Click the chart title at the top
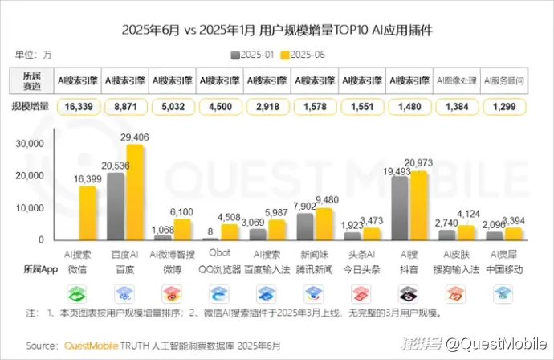click(x=277, y=31)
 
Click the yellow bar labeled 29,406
click(x=134, y=193)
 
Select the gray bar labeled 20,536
click(x=116, y=207)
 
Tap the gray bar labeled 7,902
click(x=305, y=227)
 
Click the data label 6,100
click(x=181, y=211)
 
